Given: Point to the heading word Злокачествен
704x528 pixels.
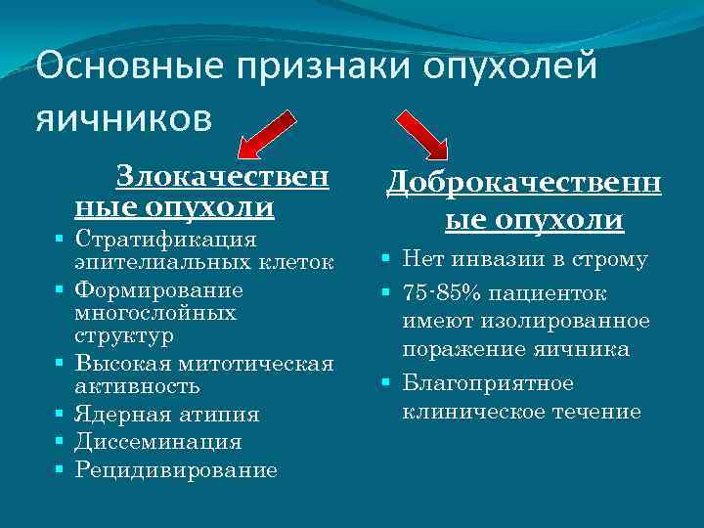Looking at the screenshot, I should point(222,177).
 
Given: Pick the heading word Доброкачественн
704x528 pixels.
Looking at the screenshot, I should point(524,183).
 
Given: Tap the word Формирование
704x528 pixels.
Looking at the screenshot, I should point(159,290).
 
